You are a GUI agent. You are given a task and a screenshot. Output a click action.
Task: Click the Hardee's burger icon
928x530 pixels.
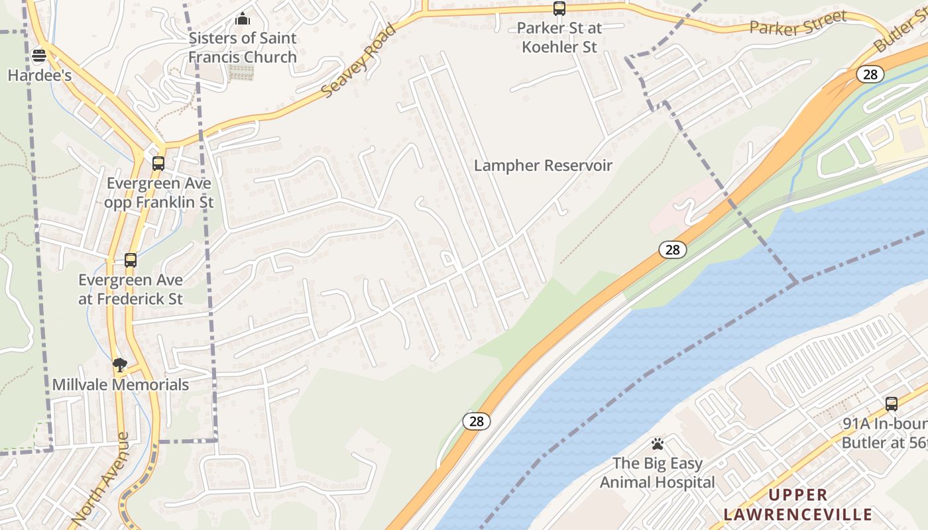39,55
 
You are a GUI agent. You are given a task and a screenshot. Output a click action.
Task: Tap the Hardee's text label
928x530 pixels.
39,75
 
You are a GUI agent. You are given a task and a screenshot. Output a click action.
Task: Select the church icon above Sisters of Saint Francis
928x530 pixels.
243,19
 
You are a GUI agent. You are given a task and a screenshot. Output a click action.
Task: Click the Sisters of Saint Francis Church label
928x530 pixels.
243,47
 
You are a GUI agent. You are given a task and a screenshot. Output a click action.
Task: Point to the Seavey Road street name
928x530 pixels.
359,62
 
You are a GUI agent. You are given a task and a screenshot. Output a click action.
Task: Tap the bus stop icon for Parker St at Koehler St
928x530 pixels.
559,9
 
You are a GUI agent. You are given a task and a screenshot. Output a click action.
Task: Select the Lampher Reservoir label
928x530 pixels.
543,166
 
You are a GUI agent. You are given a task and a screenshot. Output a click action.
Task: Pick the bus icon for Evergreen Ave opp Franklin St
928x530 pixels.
158,163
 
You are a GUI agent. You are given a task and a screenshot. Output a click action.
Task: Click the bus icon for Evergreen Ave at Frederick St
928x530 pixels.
131,260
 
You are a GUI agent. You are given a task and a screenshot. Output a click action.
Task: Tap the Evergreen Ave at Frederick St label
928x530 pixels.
131,290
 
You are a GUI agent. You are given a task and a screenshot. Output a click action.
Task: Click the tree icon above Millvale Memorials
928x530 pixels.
120,364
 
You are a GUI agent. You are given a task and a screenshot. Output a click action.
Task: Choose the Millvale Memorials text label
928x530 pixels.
121,384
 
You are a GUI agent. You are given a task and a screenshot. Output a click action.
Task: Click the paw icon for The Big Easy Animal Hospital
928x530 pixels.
657,444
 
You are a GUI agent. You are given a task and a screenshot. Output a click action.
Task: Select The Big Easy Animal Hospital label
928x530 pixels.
657,472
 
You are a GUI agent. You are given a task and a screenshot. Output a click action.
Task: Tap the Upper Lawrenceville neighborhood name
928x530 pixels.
797,504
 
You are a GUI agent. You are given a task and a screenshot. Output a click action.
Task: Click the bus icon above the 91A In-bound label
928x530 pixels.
892,403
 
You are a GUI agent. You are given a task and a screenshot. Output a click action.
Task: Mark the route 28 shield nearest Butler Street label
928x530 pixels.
870,74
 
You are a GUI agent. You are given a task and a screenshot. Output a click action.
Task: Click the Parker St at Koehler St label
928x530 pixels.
559,38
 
